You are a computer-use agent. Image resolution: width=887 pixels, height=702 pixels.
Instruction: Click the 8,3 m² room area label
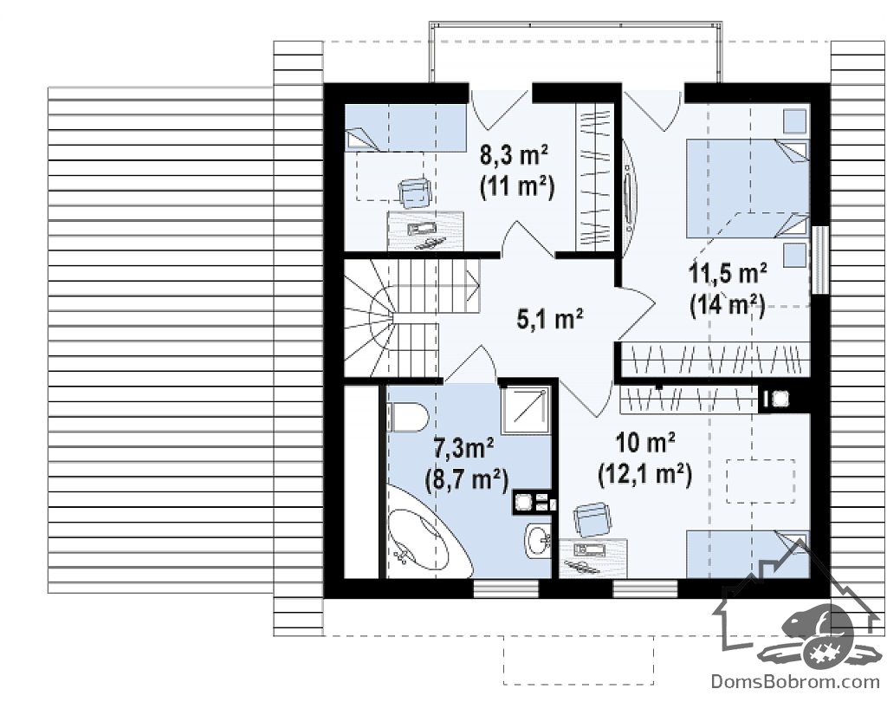pos(514,154)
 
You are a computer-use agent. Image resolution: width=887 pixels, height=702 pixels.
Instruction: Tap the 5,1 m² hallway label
pos(550,319)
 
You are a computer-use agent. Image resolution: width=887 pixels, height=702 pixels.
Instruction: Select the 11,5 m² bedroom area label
pos(728,274)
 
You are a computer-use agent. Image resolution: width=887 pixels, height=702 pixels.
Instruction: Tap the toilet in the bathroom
pos(407,417)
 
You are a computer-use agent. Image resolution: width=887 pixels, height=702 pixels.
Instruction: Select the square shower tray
pos(526,410)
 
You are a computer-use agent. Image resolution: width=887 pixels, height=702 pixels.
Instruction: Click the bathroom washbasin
pos(538,540)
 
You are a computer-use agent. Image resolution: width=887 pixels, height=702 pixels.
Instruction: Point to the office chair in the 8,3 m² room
pos(416,192)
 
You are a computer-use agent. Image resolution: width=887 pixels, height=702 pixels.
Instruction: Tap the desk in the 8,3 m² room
pos(424,231)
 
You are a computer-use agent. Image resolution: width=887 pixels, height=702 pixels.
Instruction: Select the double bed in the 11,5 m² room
pos(748,188)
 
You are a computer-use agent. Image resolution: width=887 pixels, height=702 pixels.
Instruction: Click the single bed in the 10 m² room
pos(748,555)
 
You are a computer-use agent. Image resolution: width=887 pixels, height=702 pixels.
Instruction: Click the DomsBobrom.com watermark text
pos(795,680)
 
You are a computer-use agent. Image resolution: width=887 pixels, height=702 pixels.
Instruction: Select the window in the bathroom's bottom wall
pos(506,588)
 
